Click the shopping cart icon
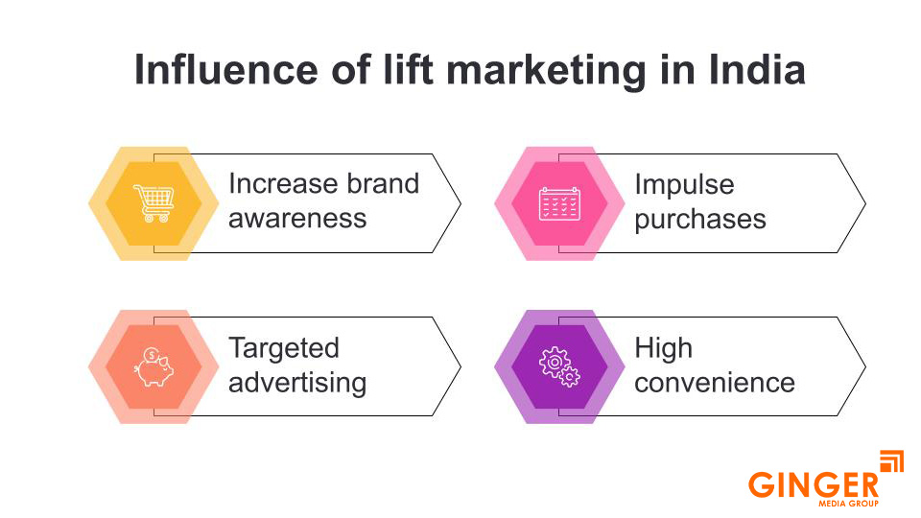pos(153,203)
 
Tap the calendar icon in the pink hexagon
pos(559,203)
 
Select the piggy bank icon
pos(153,367)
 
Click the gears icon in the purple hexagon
pos(559,367)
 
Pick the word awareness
pos(297,219)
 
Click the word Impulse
pos(683,184)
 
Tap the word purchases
pos(699,219)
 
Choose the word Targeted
pos(284,348)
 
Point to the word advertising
pos(297,383)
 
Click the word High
pos(663,348)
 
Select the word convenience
pos(714,383)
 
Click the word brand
pos(381,184)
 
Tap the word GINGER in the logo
pos(813,484)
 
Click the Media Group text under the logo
pos(841,503)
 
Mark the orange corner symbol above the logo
pos(891,461)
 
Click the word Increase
pos(282,184)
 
